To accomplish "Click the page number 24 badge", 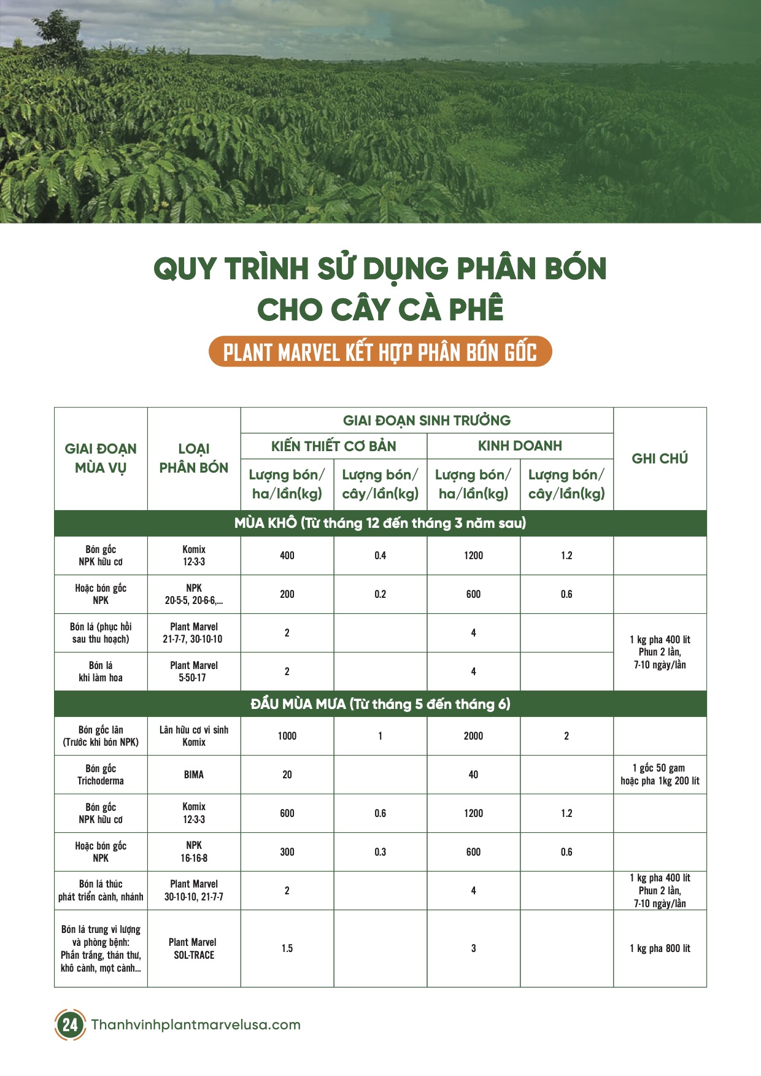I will point(70,1024).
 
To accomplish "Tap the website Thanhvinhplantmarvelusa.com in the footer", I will point(196,1024).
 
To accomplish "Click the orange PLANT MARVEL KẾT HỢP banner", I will point(380,352).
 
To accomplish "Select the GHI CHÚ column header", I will point(660,459).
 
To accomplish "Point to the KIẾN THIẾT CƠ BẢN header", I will point(333,446).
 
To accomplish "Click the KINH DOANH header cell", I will point(520,446).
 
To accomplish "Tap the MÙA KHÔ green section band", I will point(380,523).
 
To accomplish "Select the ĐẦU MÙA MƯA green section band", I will point(380,704).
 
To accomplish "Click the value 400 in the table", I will point(287,555).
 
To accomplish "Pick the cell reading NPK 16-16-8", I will point(193,852).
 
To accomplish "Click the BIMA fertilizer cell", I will point(193,775).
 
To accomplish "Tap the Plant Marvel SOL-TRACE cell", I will point(193,948).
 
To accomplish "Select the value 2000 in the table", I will point(473,736).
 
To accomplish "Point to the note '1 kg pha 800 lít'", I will point(660,948).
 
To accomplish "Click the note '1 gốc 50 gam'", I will point(660,768).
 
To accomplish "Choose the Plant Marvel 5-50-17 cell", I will point(193,672).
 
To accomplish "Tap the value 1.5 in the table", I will point(287,948).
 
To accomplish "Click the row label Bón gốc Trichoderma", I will point(101,775).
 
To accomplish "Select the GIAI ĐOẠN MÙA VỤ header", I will point(101,459).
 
